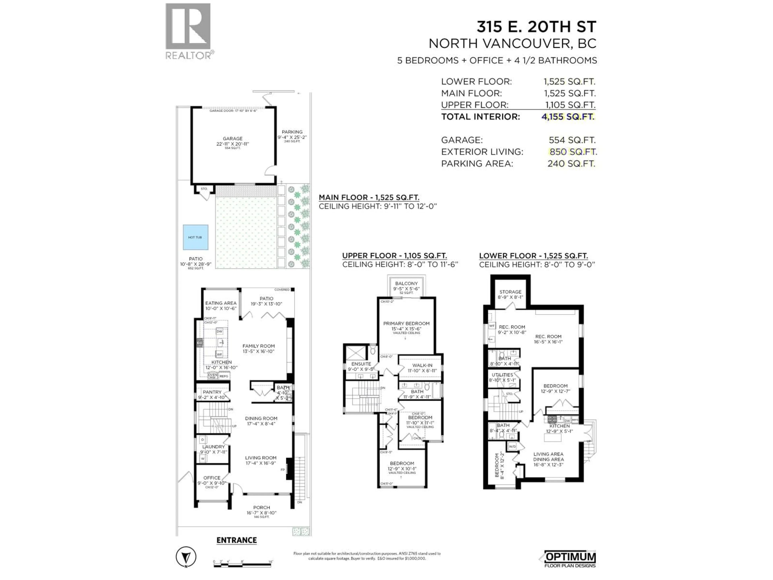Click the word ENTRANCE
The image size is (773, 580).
point(237,540)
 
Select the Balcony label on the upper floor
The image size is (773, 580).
point(406,284)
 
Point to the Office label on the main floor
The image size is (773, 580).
point(212,477)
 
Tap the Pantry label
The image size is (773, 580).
point(212,392)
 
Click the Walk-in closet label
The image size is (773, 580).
point(422,365)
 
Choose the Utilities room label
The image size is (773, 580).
point(502,375)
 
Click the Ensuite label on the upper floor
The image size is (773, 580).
point(361,364)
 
